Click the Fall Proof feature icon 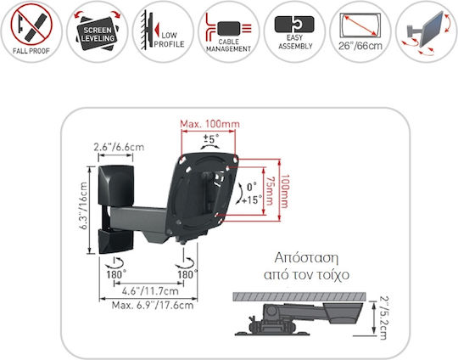pos(31,31)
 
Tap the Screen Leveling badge pos(98,31)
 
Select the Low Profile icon pos(163,31)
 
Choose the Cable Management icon pos(229,31)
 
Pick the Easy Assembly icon pos(294,31)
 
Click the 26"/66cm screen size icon pos(360,31)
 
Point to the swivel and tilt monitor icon pos(427,31)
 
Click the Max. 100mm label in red pos(209,124)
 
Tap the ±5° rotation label pos(210,138)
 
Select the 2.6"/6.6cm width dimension pos(119,147)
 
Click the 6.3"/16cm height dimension pos(83,205)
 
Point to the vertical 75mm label pos(270,191)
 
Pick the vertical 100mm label pos(284,191)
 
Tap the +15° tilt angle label pos(252,200)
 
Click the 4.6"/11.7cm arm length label pos(150,291)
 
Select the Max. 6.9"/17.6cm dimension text pos(153,306)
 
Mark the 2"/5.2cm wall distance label pos(383,318)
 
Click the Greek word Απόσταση pos(306,258)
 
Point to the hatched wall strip pos(299,296)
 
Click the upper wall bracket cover pos(116,185)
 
